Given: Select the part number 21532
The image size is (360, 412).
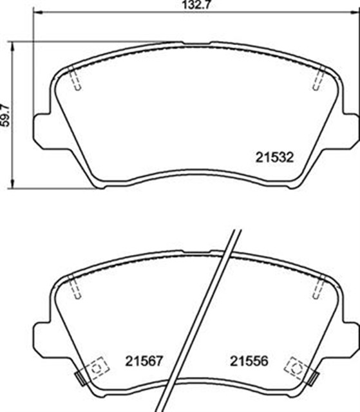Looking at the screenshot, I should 274,156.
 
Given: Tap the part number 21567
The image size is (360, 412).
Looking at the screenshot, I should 145,362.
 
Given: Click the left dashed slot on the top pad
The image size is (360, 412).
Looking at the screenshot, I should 75,79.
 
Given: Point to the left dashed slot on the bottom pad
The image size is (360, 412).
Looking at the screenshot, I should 75,287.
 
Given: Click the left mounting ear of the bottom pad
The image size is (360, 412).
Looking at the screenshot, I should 41,333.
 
